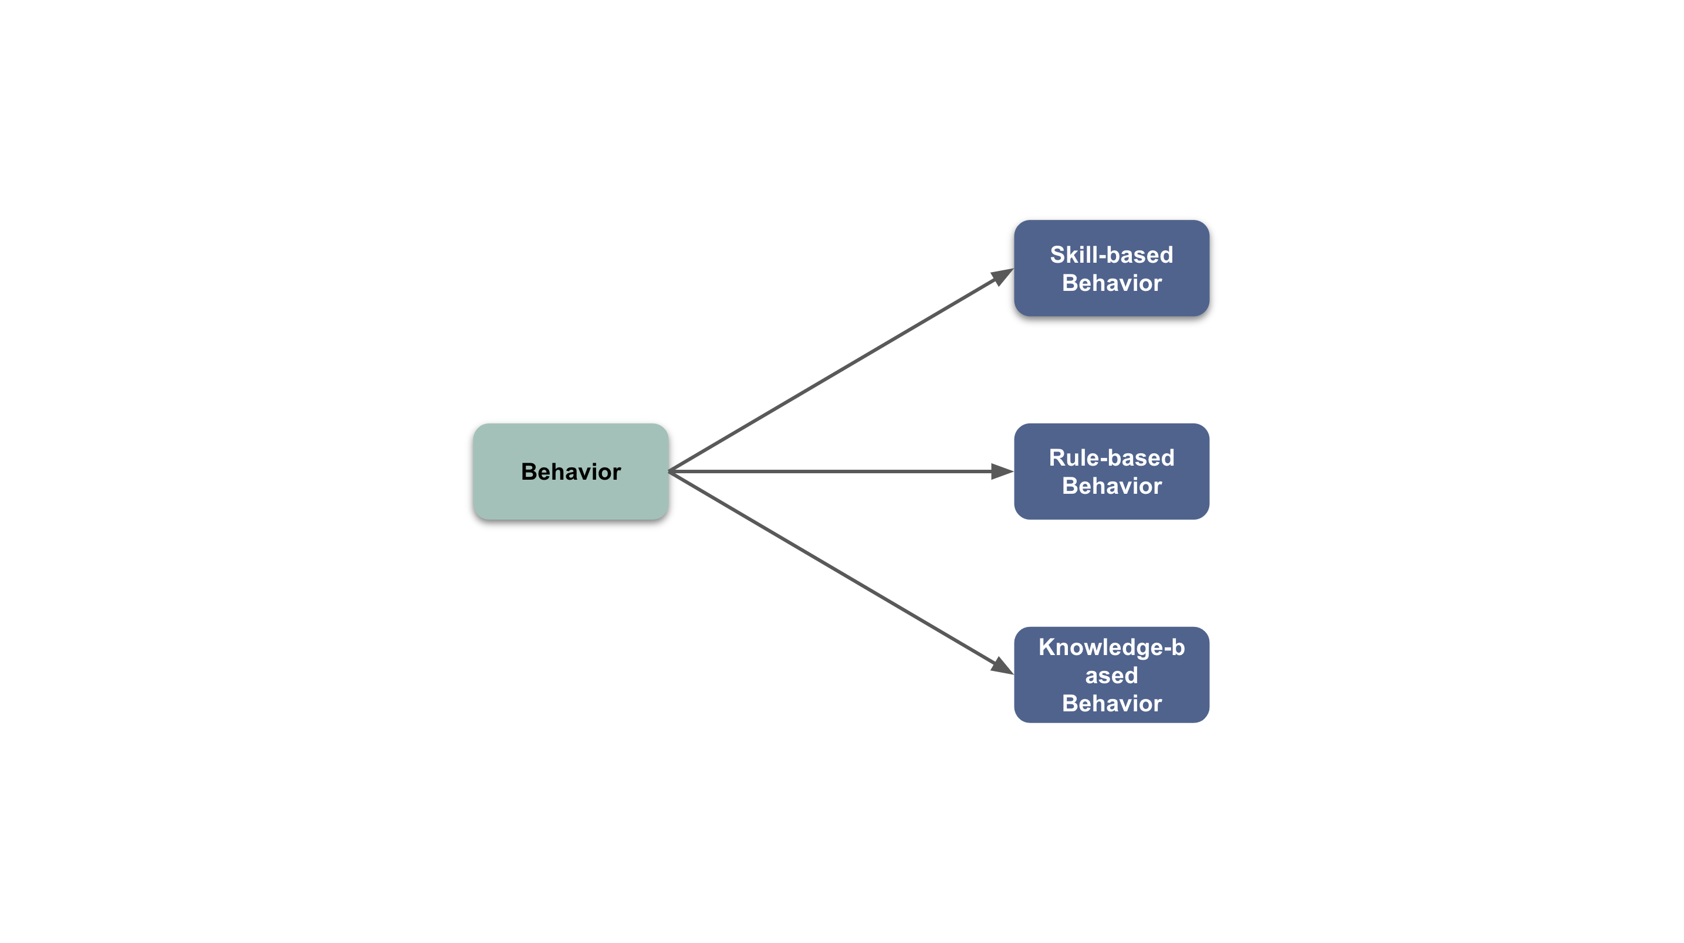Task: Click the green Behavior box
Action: [x=571, y=471]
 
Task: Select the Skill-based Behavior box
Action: [x=1111, y=268]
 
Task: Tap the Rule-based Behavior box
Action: [x=1111, y=471]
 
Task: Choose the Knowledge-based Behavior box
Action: [x=1111, y=674]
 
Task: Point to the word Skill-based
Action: [x=1111, y=254]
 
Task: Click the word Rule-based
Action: [x=1111, y=457]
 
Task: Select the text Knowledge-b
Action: [x=1111, y=647]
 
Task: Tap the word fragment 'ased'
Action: [x=1111, y=675]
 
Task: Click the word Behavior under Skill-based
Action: [x=1111, y=283]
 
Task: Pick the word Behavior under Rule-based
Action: [x=1111, y=486]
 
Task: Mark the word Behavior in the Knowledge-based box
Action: [x=1111, y=703]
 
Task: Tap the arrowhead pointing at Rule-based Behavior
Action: [x=1003, y=471]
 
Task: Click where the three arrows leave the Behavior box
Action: [x=669, y=471]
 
